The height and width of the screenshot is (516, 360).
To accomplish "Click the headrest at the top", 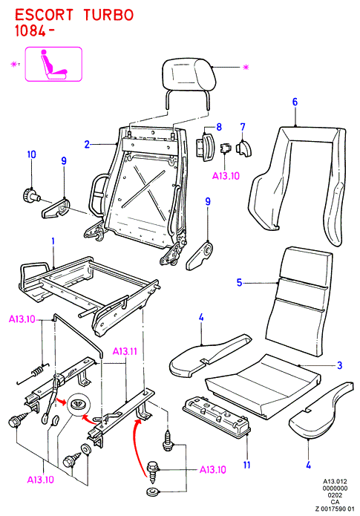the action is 189,74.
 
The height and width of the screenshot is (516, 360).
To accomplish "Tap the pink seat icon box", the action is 53,64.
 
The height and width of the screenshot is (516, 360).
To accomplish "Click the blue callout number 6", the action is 295,102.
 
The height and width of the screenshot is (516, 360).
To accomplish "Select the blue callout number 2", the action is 87,144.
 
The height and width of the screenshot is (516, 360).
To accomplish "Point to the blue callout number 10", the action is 32,154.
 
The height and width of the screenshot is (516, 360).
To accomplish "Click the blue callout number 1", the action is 53,241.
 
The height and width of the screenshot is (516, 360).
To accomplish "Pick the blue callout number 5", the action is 239,282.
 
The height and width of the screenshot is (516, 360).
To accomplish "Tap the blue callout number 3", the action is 339,365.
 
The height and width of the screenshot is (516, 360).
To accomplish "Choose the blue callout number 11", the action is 246,465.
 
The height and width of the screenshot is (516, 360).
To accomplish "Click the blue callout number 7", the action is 243,127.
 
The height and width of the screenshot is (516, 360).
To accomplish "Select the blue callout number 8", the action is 219,127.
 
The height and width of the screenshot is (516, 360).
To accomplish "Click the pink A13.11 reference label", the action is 125,351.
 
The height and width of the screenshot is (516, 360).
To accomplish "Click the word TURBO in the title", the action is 108,16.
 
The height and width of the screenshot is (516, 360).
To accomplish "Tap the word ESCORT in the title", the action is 44,16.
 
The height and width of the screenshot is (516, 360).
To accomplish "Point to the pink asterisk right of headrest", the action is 246,68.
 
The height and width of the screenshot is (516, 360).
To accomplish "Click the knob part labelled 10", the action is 31,195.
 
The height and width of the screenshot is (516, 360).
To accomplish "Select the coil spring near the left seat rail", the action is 38,370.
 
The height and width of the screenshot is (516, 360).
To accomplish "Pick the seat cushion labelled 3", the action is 262,385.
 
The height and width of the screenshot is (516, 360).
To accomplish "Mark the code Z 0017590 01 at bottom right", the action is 335,509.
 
